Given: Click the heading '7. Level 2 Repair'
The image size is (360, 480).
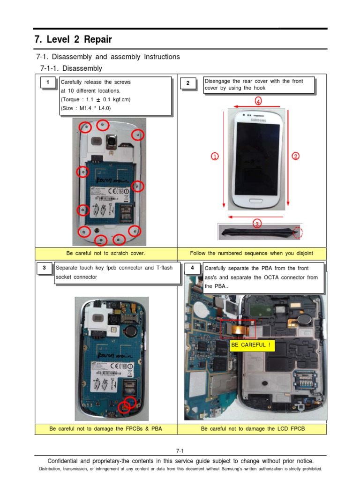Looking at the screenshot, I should (x=73, y=39).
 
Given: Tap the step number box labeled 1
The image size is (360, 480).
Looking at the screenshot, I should (x=47, y=83).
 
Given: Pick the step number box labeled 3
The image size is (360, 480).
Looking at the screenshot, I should (x=44, y=268).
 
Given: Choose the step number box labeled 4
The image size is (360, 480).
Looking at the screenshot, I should (x=192, y=268).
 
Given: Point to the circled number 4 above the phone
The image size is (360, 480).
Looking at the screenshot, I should (x=258, y=101).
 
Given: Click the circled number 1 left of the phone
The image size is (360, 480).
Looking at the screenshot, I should (x=215, y=157).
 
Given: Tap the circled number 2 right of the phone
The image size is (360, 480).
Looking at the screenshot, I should (x=295, y=157).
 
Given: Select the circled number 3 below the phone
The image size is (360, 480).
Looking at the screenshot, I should (x=257, y=224).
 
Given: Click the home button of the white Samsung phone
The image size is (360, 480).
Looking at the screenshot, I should (x=256, y=200).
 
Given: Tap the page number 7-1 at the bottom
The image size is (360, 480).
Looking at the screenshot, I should (x=180, y=450).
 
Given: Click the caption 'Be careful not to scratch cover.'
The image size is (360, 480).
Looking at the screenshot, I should (x=105, y=253).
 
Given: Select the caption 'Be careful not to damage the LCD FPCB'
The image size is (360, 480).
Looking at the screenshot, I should (x=253, y=428).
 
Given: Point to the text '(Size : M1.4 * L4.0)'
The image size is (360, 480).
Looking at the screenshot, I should (x=85, y=108).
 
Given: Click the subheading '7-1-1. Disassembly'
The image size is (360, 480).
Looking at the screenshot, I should (x=71, y=68).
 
